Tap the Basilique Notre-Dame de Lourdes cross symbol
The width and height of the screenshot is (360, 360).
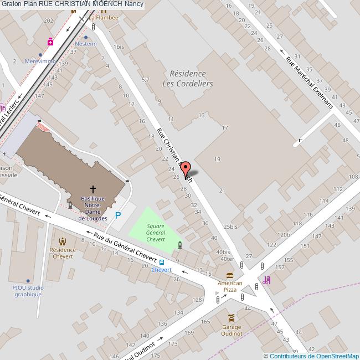92,189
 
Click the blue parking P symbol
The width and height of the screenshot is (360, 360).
117,216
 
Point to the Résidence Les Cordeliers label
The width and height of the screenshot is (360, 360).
187,79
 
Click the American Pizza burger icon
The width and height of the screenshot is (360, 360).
229,275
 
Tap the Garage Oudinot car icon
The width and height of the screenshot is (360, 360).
232,318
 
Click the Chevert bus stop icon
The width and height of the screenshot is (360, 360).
161,263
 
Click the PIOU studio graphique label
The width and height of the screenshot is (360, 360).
28,291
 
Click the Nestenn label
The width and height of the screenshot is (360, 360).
86,44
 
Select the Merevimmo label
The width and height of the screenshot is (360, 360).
40,61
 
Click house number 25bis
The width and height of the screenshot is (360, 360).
230,227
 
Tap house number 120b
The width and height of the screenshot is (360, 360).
284,235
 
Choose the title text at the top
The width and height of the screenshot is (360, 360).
73,4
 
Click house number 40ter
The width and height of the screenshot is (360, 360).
227,258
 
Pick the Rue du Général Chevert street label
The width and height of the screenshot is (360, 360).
125,246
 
